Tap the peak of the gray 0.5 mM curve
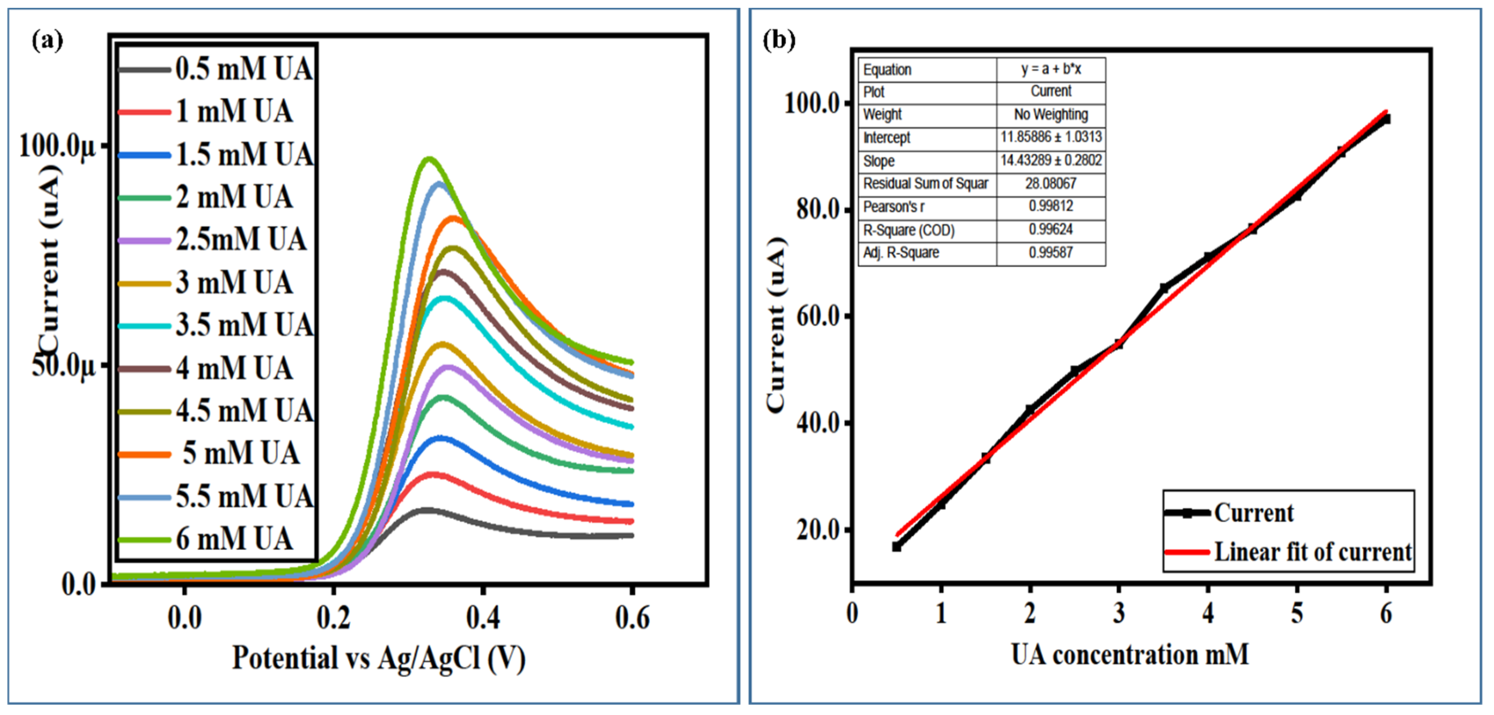coord(426,510)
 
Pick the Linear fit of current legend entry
coord(1312,552)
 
